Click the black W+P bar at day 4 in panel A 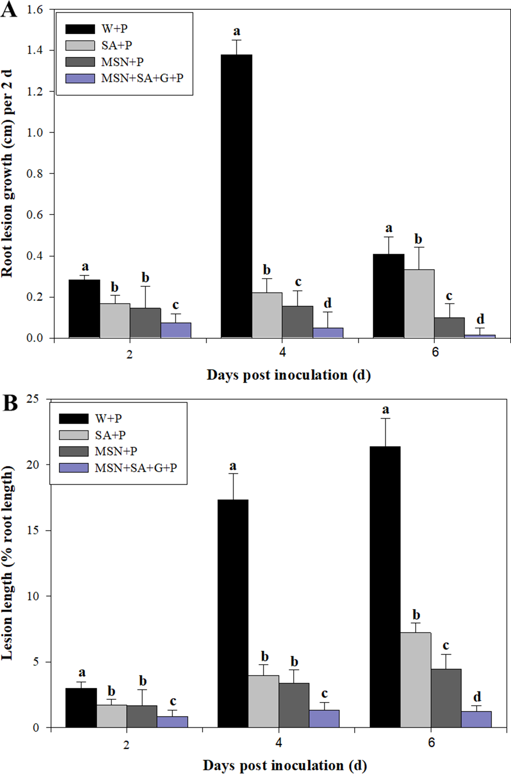(236, 196)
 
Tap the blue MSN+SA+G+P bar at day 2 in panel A (176, 330)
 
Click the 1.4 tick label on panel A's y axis (35, 50)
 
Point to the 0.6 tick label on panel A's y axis (35, 215)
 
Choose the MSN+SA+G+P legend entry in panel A (142, 78)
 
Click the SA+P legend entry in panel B (110, 435)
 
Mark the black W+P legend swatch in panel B (74, 419)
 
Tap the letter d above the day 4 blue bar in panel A (327, 303)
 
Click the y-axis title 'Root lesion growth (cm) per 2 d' (7, 173)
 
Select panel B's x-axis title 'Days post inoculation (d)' (285, 765)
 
